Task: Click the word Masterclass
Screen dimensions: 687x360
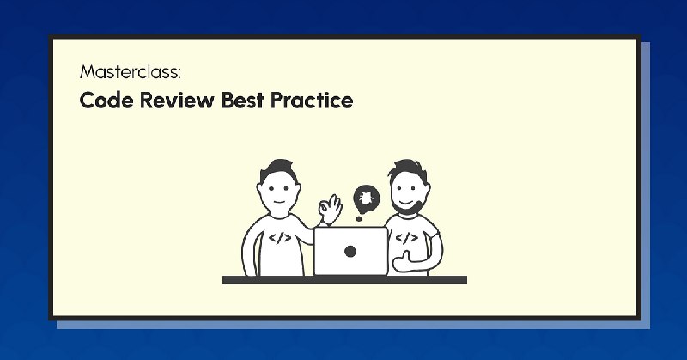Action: tap(129, 72)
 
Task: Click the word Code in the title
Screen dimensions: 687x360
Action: tap(106, 100)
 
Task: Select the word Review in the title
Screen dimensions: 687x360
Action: tap(177, 100)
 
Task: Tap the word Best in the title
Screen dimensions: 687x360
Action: tap(242, 100)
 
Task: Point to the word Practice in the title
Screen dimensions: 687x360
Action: tap(312, 100)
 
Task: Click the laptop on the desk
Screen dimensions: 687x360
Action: tap(350, 251)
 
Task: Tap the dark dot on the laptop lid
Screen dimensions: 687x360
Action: tap(350, 251)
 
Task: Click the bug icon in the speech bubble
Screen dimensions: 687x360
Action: tap(367, 199)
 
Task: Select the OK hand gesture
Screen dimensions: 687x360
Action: tap(331, 208)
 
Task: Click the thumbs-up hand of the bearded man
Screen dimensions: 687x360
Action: tap(403, 261)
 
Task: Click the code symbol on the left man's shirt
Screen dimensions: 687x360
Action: tap(280, 239)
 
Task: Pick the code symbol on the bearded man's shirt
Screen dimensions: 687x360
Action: tap(406, 238)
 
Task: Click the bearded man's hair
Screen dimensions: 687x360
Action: tap(408, 170)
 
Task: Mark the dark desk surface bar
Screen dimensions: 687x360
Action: tap(344, 280)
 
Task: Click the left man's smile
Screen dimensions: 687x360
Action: tap(279, 202)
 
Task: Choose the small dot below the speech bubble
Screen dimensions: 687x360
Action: tap(359, 218)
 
